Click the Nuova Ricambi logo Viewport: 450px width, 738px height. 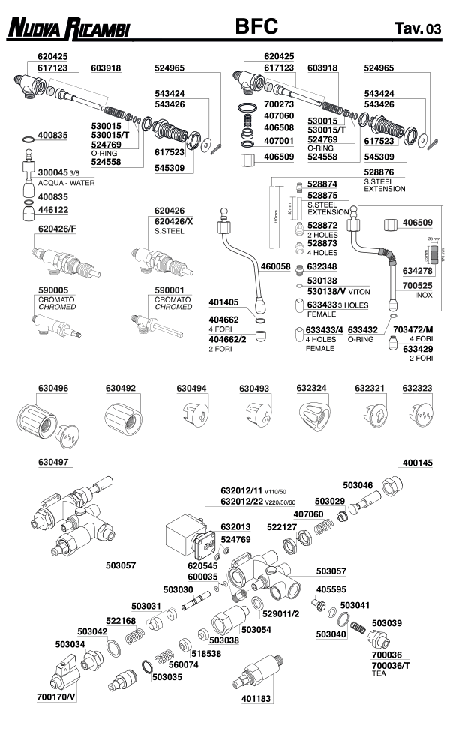point(68,29)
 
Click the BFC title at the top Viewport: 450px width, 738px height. point(256,27)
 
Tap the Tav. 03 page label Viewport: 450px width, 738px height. point(417,29)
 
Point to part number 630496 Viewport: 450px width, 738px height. point(53,388)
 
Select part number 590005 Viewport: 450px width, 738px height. point(53,289)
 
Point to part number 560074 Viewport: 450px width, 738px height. point(183,664)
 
